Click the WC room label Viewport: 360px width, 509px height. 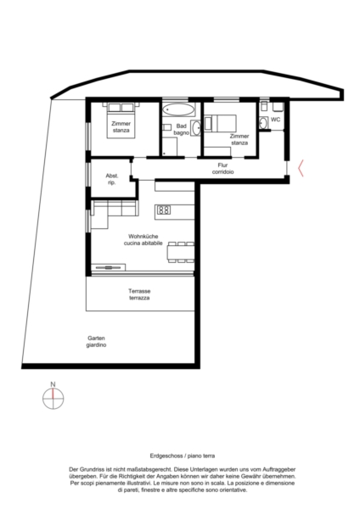tap(275, 120)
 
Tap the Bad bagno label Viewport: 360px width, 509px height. tap(182, 129)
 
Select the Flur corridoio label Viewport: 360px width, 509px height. tap(223, 169)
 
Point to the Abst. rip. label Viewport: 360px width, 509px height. tap(112, 179)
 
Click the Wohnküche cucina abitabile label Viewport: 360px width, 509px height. tap(143, 239)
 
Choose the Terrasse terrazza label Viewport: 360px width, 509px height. tap(139, 294)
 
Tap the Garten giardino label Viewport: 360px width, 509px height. tap(96, 342)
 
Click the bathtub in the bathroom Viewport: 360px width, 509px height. tap(177, 109)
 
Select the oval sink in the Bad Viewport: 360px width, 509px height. tap(196, 128)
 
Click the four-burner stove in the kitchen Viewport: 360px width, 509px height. tap(164, 210)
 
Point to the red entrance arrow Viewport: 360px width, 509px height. tap(301, 168)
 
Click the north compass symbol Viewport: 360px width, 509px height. tap(53, 399)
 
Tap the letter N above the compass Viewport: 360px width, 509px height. tap(53, 384)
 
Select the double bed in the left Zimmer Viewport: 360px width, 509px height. tap(121, 120)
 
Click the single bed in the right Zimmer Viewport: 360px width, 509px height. tap(220, 123)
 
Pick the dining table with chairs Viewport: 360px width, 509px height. tap(181, 252)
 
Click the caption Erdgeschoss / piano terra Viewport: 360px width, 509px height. tap(183, 456)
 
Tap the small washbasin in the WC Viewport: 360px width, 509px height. tap(263, 123)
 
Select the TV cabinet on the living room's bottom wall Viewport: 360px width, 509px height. tap(108, 267)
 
